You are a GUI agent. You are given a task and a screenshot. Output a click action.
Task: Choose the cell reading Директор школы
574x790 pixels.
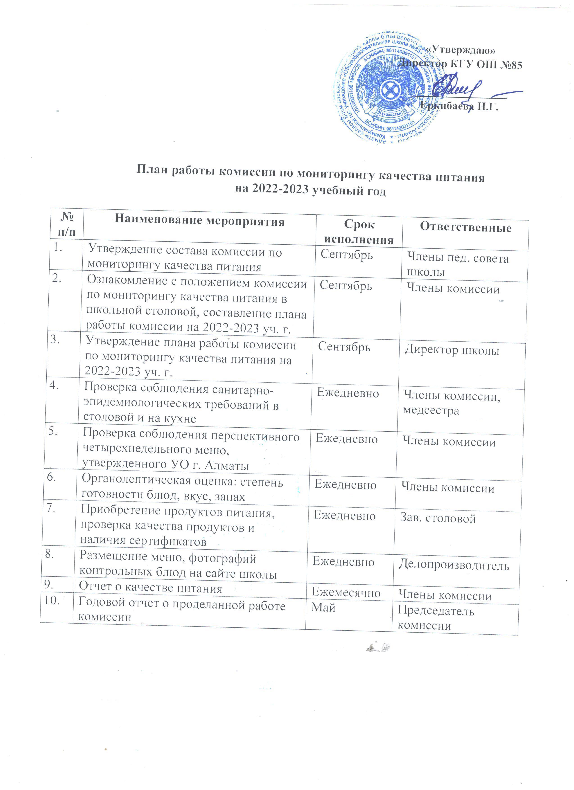[x=452, y=350]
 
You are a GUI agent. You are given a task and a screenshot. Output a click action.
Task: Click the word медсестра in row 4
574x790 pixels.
[x=431, y=411]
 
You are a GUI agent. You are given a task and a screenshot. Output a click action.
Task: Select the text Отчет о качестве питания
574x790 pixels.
[x=150, y=588]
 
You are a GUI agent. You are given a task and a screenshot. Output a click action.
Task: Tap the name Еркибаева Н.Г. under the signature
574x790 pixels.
[x=459, y=106]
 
